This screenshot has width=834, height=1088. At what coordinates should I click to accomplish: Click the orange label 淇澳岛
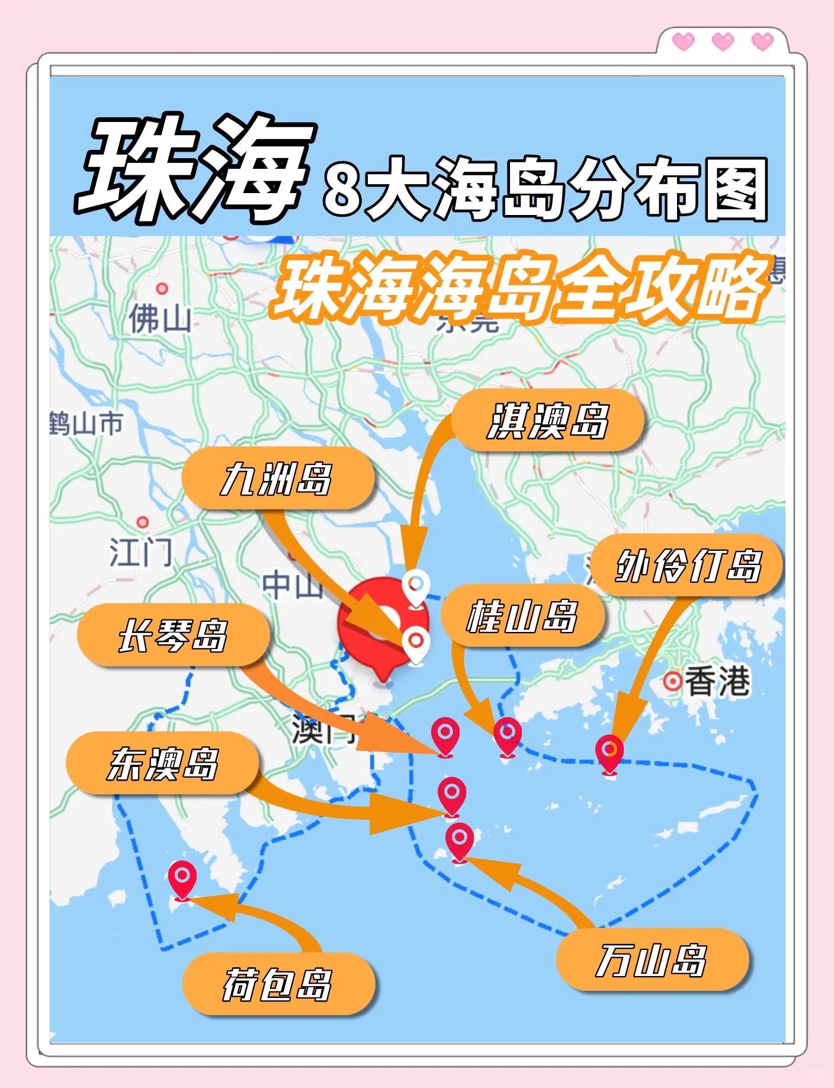click(x=547, y=421)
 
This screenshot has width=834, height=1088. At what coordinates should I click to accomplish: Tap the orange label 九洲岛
click(x=277, y=479)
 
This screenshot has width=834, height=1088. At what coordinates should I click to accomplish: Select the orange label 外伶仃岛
click(x=687, y=566)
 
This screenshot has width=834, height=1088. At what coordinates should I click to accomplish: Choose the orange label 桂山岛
click(x=522, y=616)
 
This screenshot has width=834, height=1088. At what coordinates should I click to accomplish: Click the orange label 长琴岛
click(x=172, y=636)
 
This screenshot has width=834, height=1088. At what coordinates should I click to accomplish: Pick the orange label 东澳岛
click(x=162, y=763)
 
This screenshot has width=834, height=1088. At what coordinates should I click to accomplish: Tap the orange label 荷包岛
click(x=277, y=984)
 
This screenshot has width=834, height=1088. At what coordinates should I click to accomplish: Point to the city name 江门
click(x=141, y=552)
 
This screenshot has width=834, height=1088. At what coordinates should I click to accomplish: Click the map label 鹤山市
click(x=87, y=424)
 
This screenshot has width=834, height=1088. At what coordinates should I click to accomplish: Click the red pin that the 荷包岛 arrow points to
click(x=182, y=878)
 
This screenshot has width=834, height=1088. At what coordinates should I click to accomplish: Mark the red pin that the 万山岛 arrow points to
click(x=460, y=840)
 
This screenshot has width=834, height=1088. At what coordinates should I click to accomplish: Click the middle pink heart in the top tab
click(x=723, y=41)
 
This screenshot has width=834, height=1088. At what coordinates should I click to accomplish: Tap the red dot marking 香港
click(x=672, y=682)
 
